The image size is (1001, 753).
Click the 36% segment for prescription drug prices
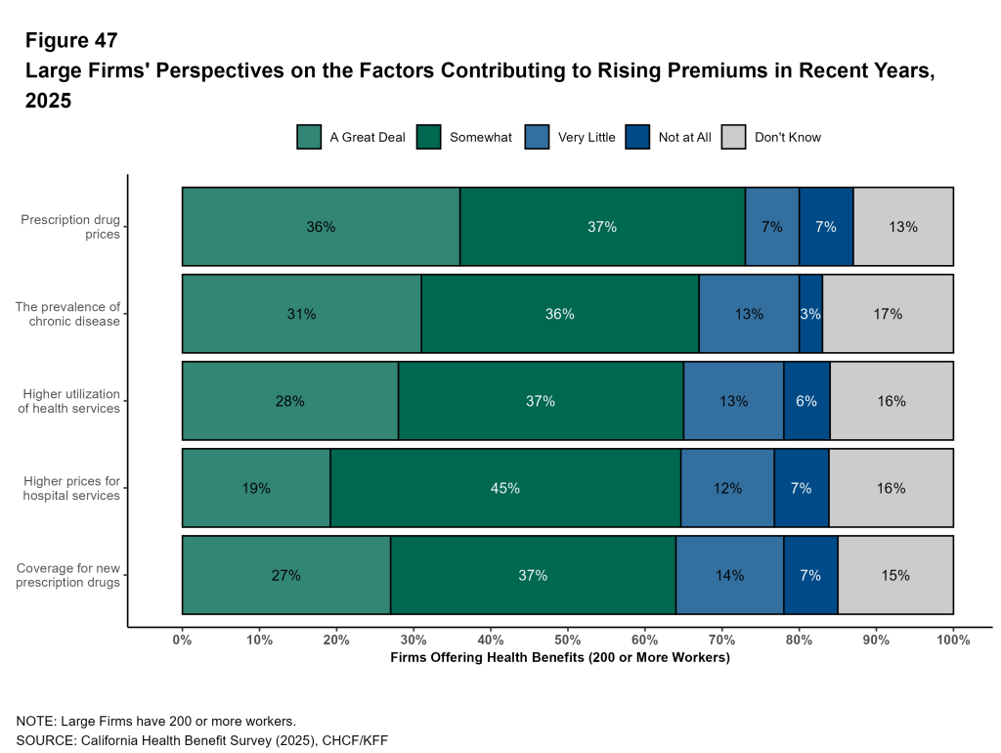321,227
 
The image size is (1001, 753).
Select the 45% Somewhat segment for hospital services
505,488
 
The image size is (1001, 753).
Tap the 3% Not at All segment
810,314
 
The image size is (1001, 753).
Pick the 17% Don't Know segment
888,314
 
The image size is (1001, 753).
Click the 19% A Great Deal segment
256,488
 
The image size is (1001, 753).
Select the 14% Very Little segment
729,575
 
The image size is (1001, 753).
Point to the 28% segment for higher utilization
290,401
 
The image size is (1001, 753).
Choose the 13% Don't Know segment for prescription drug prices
902,227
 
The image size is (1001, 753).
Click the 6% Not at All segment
806,401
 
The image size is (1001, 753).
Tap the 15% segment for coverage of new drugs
894,575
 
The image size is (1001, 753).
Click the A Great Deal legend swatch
309,137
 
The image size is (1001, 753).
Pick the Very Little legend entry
573,137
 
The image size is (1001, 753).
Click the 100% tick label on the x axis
953,641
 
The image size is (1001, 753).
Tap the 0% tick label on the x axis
183,641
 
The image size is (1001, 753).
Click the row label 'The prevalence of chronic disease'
67,314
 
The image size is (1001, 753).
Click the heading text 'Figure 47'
71,40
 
